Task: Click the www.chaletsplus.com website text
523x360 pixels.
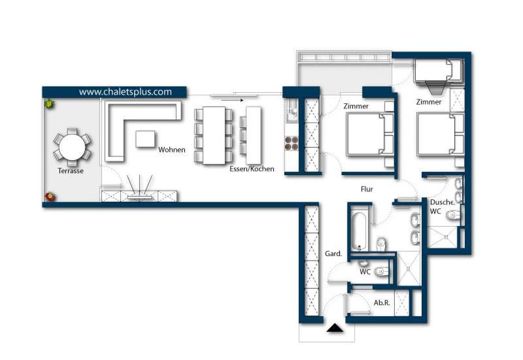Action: pyautogui.click(x=126, y=92)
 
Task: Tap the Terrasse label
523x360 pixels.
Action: pyautogui.click(x=71, y=171)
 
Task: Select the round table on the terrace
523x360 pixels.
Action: pyautogui.click(x=72, y=146)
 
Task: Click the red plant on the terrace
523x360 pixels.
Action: pyautogui.click(x=50, y=196)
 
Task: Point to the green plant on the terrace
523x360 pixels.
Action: pyautogui.click(x=49, y=103)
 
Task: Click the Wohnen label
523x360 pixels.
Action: pyautogui.click(x=172, y=150)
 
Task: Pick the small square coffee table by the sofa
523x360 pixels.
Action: pyautogui.click(x=146, y=139)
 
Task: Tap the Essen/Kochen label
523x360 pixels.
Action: pyautogui.click(x=252, y=169)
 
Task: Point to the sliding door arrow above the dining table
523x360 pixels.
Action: pyautogui.click(x=228, y=100)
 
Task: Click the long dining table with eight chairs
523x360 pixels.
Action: pyautogui.click(x=214, y=135)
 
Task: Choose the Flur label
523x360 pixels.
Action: pyautogui.click(x=367, y=189)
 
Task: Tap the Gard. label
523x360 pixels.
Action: pyautogui.click(x=333, y=254)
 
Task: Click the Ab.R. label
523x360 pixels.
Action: pyautogui.click(x=382, y=303)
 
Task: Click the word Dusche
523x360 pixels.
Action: pyautogui.click(x=442, y=203)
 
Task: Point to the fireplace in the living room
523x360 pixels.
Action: pyautogui.click(x=140, y=189)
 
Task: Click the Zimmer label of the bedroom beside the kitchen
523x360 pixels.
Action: pyautogui.click(x=356, y=106)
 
